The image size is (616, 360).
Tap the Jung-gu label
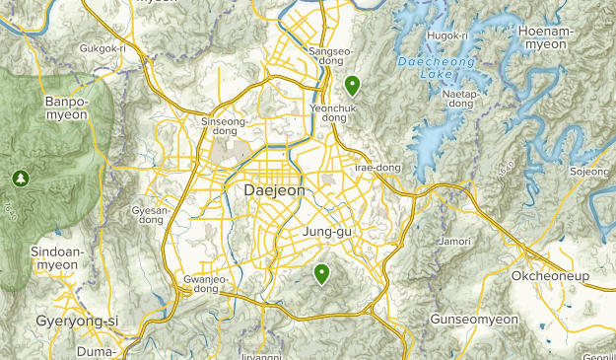click(328, 232)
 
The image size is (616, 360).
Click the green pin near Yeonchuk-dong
click(352, 85)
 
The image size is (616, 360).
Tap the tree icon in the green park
click(18, 178)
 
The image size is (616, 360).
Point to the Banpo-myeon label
click(66, 108)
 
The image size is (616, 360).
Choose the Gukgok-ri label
click(103, 47)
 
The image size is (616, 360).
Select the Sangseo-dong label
click(330, 56)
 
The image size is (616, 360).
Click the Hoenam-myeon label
click(546, 36)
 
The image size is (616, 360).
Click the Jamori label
click(454, 240)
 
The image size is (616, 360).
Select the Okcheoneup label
click(549, 275)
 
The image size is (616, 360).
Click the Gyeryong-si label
click(77, 322)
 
